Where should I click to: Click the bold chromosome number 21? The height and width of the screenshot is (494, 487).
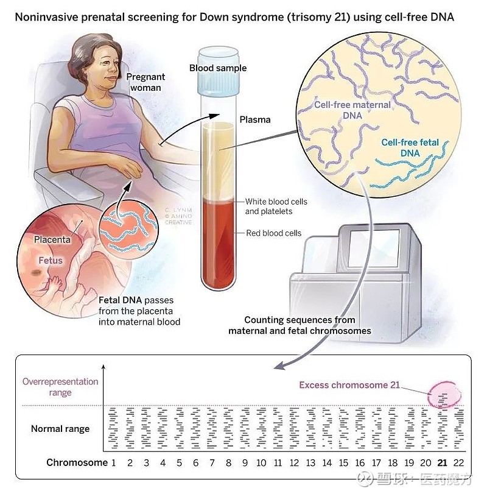tap(442, 462)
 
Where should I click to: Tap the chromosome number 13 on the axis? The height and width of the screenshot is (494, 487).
tap(310, 462)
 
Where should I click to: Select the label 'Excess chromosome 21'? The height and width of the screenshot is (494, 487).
tap(349, 385)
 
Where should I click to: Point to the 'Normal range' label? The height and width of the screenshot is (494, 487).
tap(60, 428)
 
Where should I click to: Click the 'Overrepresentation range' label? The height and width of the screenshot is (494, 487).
tap(60, 387)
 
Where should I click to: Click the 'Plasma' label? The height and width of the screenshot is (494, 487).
tap(255, 120)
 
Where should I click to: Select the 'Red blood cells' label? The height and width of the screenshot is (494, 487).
tap(273, 233)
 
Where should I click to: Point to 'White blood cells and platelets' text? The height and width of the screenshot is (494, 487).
tap(276, 206)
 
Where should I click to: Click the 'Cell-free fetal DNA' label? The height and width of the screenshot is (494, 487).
tap(410, 148)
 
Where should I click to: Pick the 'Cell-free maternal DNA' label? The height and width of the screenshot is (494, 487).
tap(352, 110)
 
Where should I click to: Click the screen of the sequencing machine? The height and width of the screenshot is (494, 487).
tap(373, 249)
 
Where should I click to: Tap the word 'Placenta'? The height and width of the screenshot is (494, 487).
tap(52, 239)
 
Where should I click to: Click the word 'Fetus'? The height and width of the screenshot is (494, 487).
tap(51, 261)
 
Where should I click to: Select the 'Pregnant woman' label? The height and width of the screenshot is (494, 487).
tap(145, 82)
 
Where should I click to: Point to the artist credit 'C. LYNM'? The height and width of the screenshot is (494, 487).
tap(178, 210)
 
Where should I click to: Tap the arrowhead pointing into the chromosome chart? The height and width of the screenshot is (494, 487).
tap(279, 366)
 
